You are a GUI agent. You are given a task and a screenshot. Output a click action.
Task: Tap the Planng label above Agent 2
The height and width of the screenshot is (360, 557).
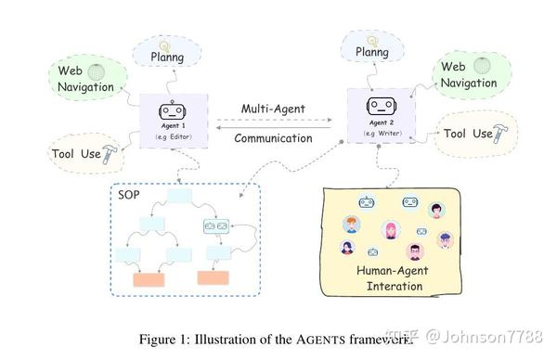point(371,53)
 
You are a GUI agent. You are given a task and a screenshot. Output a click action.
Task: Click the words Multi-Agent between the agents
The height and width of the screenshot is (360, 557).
point(273,109)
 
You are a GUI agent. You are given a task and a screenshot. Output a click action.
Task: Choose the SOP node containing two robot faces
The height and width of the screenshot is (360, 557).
point(215,223)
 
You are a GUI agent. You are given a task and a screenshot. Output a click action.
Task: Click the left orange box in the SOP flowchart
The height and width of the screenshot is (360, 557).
point(149,278)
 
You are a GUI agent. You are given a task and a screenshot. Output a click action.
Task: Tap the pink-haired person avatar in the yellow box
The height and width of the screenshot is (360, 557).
point(390,227)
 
